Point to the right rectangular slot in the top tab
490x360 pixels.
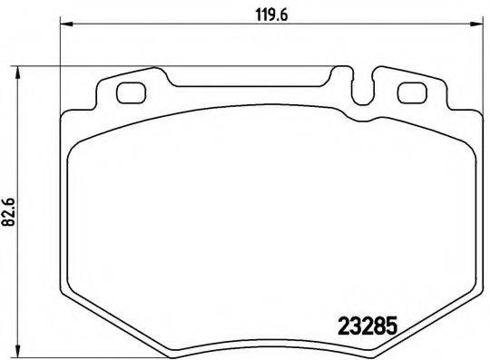(412, 92)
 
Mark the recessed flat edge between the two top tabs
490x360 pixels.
(254, 85)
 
